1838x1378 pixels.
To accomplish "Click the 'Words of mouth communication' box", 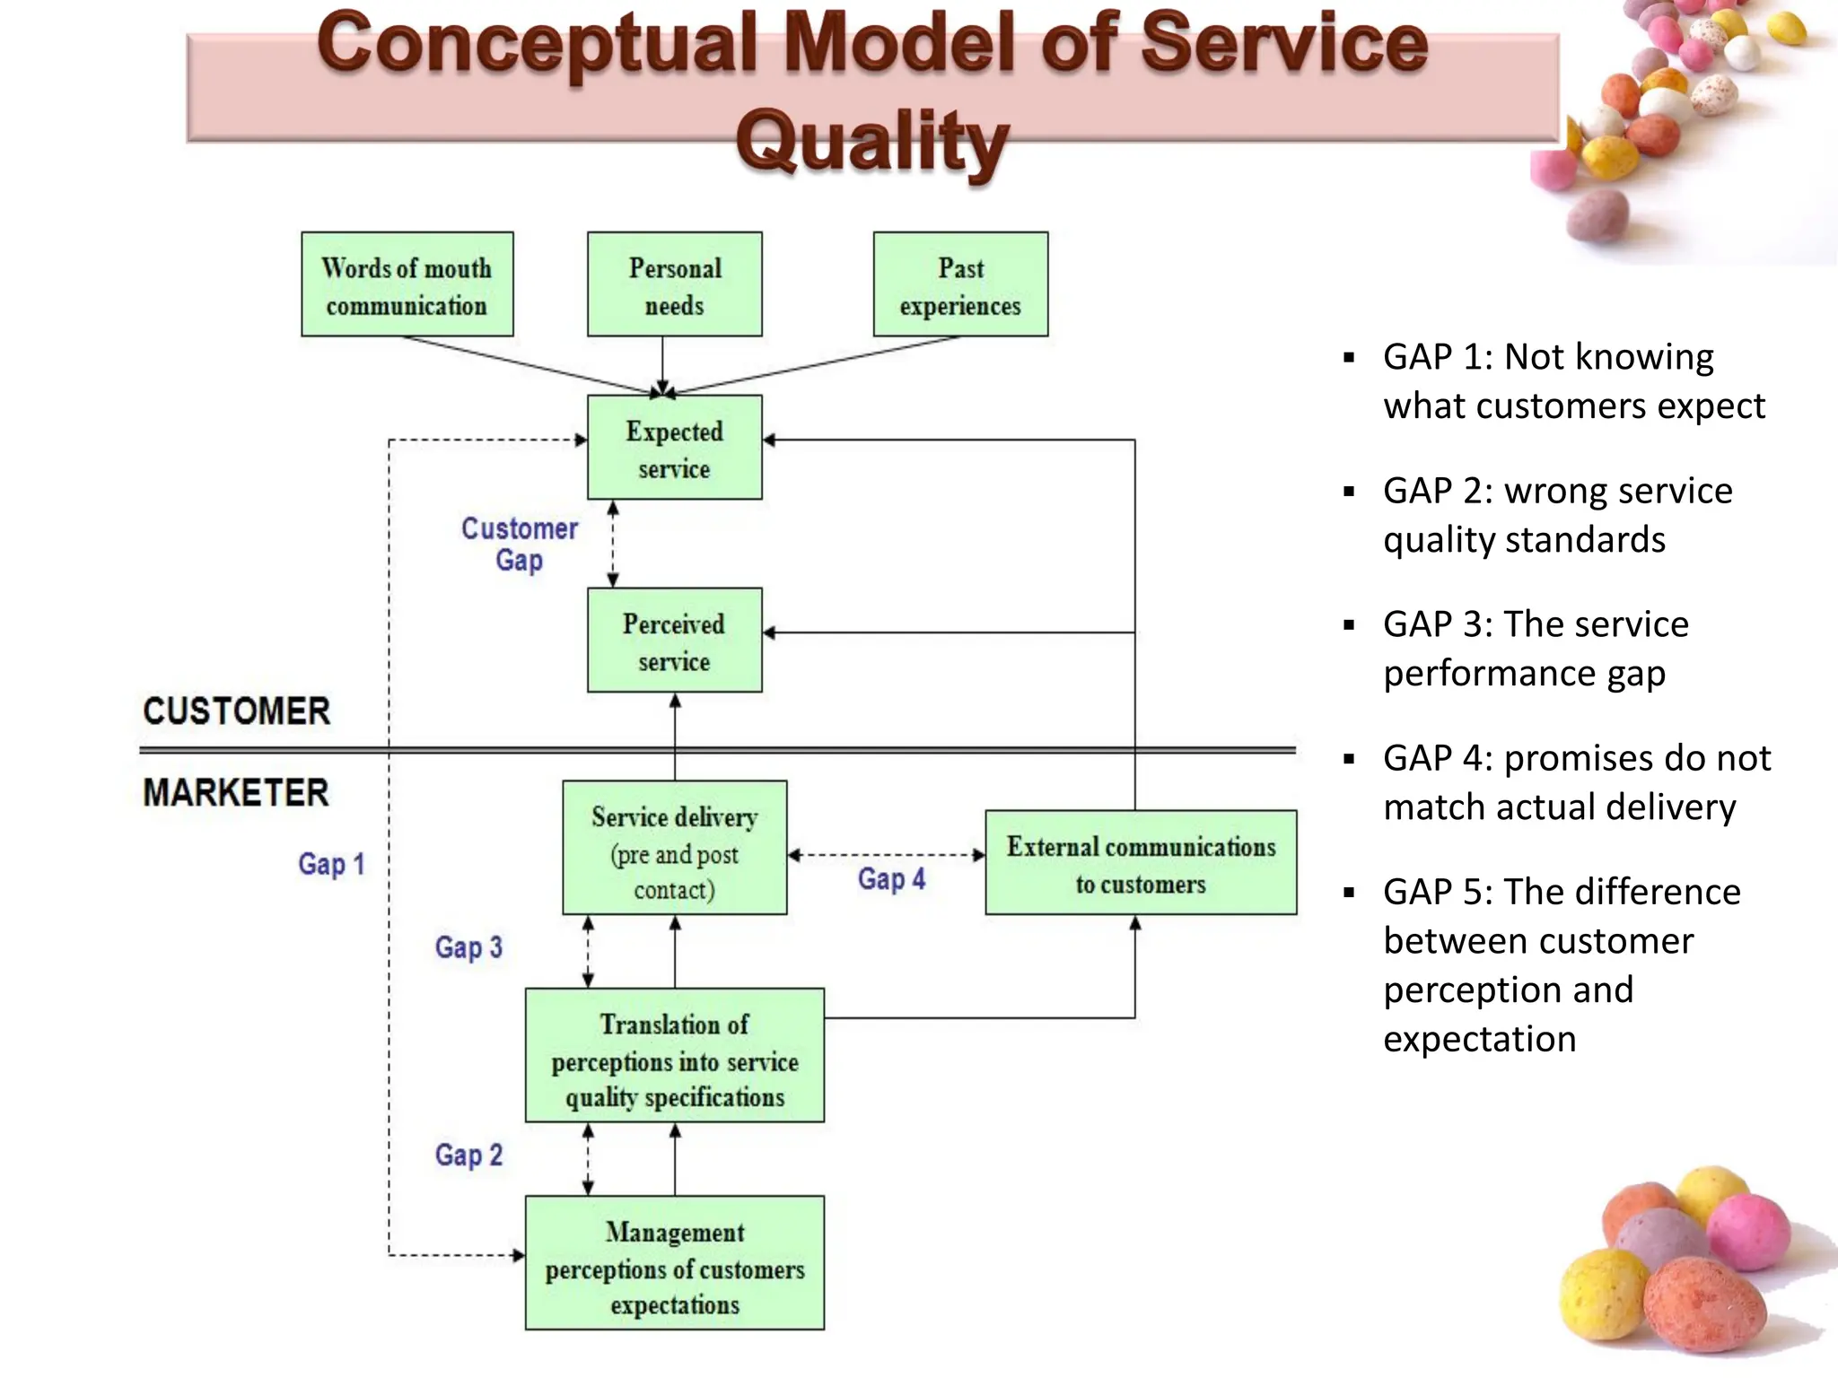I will [407, 284].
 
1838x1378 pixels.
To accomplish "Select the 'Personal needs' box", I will [674, 284].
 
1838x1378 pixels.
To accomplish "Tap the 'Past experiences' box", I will [960, 284].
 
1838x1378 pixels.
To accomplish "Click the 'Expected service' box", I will [674, 448].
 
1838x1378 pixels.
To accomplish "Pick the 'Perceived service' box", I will [674, 641].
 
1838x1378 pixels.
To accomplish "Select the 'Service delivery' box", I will [674, 848].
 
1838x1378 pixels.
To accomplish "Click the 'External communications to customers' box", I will [1140, 863].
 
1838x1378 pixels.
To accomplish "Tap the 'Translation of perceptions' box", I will [674, 1056].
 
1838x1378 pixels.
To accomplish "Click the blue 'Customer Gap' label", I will [519, 544].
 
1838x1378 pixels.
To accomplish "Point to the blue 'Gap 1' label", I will [331, 864].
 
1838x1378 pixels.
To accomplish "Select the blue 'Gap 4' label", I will [890, 879].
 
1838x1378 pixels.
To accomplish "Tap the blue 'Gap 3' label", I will [468, 947].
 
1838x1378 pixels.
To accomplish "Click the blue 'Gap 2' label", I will [468, 1156].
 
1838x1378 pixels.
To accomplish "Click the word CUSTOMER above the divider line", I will [236, 711].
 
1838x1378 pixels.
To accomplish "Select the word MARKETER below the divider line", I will [235, 793].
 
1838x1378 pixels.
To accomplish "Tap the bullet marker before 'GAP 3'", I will [1349, 625].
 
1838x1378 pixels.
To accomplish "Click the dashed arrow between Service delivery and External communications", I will [886, 855].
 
